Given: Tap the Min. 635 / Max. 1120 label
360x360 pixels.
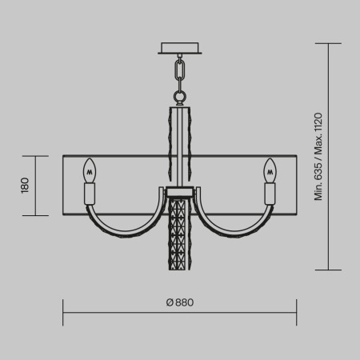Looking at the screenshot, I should [318, 157].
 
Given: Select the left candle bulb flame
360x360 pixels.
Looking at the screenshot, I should [90, 170].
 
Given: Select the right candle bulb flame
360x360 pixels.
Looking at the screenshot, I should [270, 170].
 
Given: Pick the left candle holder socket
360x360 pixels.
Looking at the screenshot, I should [90, 194].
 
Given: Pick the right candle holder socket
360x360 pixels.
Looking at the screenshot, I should [270, 194].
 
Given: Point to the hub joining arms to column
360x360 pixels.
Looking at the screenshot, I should [180, 191].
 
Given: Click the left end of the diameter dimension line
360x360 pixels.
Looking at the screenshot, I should [64, 312].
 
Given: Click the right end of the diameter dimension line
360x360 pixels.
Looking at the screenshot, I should [296, 312].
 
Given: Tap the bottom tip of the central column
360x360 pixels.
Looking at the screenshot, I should [180, 269].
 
